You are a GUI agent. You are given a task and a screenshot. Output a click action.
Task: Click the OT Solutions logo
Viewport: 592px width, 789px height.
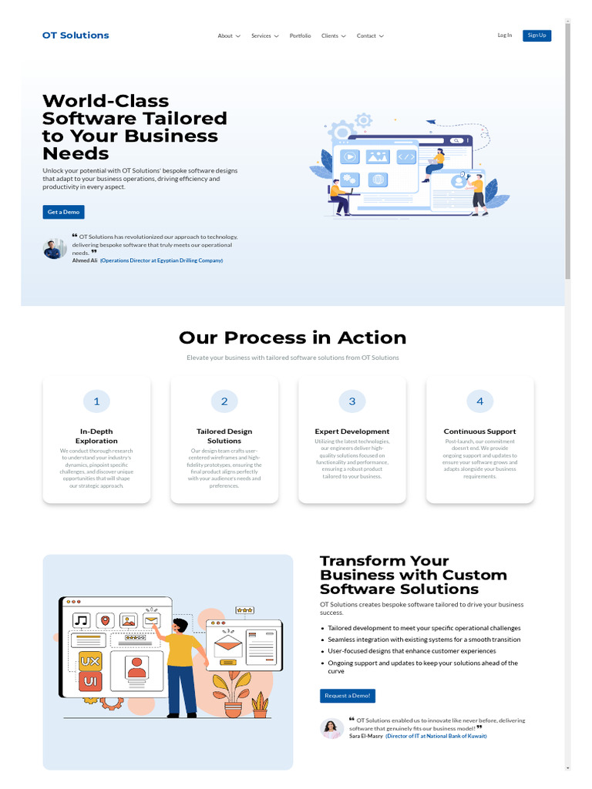(x=76, y=35)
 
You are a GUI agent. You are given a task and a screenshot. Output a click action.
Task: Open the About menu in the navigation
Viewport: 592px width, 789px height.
(x=229, y=36)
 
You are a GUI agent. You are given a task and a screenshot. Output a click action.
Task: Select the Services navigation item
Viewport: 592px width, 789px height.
(x=264, y=36)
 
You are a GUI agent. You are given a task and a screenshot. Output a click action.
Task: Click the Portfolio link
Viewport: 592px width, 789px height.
(x=301, y=36)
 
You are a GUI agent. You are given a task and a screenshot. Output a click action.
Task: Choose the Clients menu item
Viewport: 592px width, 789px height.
(x=333, y=36)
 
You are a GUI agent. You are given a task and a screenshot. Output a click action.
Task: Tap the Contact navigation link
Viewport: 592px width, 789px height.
(x=370, y=36)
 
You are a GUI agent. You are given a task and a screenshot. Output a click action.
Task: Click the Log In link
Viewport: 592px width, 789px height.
(x=505, y=35)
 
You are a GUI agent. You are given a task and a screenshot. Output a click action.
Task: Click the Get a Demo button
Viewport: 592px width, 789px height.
(x=63, y=212)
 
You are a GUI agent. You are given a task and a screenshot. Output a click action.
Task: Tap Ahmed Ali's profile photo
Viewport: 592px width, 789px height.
(x=54, y=249)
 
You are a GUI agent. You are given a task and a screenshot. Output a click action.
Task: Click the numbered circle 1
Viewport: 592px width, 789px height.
(x=96, y=401)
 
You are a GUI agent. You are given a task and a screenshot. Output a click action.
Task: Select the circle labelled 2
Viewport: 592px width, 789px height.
(x=224, y=401)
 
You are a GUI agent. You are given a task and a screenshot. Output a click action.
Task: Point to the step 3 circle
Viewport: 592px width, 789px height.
(x=352, y=401)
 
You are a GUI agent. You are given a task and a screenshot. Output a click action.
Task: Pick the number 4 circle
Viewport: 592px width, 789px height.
(x=479, y=401)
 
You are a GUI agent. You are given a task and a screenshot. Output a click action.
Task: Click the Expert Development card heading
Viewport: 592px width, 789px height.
(x=352, y=431)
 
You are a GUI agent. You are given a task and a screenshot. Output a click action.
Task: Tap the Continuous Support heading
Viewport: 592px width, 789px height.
(x=479, y=431)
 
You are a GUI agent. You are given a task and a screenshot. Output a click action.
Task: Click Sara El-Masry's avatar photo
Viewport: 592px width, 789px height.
(x=331, y=728)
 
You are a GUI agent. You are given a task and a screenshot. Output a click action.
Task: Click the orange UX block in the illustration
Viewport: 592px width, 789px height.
(x=90, y=661)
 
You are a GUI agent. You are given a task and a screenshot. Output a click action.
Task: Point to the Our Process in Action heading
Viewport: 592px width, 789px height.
(x=292, y=337)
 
